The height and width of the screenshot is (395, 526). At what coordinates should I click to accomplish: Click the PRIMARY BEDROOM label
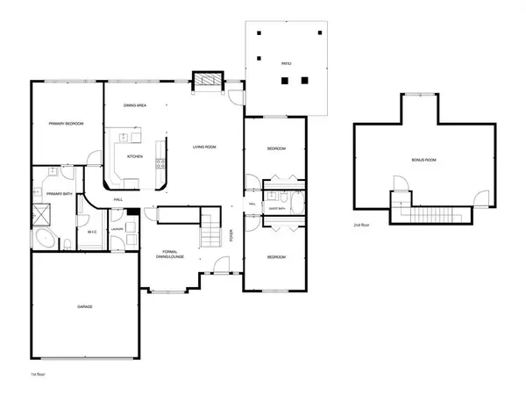[66, 124]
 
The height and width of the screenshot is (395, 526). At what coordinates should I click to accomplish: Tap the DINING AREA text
[134, 105]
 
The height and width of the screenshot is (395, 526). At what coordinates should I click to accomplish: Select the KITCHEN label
[135, 156]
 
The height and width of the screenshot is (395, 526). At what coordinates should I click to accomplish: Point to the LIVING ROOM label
[204, 147]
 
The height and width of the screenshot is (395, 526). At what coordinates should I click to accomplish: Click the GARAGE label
[84, 306]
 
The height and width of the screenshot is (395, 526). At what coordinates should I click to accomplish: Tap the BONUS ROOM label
[423, 161]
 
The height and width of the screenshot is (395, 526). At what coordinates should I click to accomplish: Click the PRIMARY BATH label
[60, 194]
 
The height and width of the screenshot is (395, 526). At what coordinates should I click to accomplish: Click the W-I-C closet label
[91, 231]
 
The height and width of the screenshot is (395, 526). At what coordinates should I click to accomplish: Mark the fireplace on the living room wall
[207, 81]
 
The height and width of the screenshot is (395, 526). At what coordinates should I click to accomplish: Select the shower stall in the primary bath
[40, 212]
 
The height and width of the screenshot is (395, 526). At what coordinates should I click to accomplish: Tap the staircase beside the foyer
[211, 232]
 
